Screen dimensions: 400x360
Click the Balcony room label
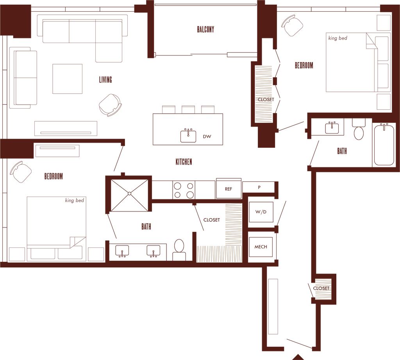pyautogui.click(x=206, y=29)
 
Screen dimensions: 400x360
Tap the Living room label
pyautogui.click(x=105, y=80)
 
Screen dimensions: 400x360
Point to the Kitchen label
pyautogui.click(x=184, y=161)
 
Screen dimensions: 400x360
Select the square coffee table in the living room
pyautogui.click(x=68, y=79)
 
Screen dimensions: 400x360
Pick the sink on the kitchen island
pyautogui.click(x=188, y=135)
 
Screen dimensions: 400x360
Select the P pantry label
pyautogui.click(x=259, y=187)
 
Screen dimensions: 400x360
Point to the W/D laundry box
pyautogui.click(x=261, y=212)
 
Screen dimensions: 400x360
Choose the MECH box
pyautogui.click(x=261, y=247)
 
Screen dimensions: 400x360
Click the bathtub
pyautogui.click(x=384, y=145)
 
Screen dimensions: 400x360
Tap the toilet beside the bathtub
pyautogui.click(x=359, y=130)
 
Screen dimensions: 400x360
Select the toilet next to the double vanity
pyautogui.click(x=179, y=249)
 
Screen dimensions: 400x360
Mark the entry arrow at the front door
pyautogui.click(x=298, y=356)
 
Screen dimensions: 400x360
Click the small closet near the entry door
pyautogui.click(x=323, y=289)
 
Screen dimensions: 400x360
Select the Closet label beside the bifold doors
pyautogui.click(x=265, y=99)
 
